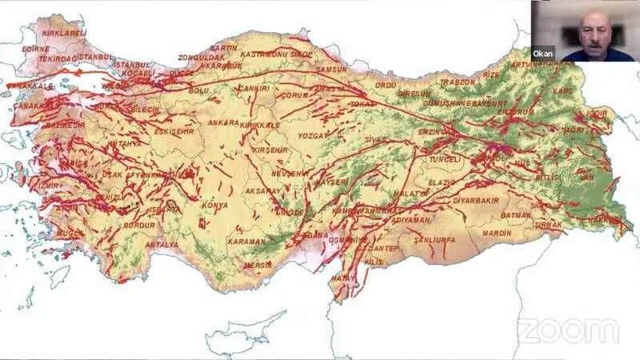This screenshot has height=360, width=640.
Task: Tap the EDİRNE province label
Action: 35,48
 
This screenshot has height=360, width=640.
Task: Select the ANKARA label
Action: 223,122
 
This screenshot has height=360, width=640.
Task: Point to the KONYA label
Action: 214,205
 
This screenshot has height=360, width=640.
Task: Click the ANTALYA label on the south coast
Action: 161,244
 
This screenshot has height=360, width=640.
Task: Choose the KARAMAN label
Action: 246,241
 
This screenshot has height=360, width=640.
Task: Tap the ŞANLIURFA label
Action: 434,238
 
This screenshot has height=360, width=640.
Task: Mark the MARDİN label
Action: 496,233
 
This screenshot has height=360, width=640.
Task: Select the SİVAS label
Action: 375,138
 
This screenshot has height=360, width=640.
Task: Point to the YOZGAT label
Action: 313,135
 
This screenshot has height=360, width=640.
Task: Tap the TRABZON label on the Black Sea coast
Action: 458,82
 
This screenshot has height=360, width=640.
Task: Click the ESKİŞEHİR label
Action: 173,130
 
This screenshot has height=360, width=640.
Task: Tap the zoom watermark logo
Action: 568,330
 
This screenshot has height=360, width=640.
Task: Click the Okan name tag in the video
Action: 543,54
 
